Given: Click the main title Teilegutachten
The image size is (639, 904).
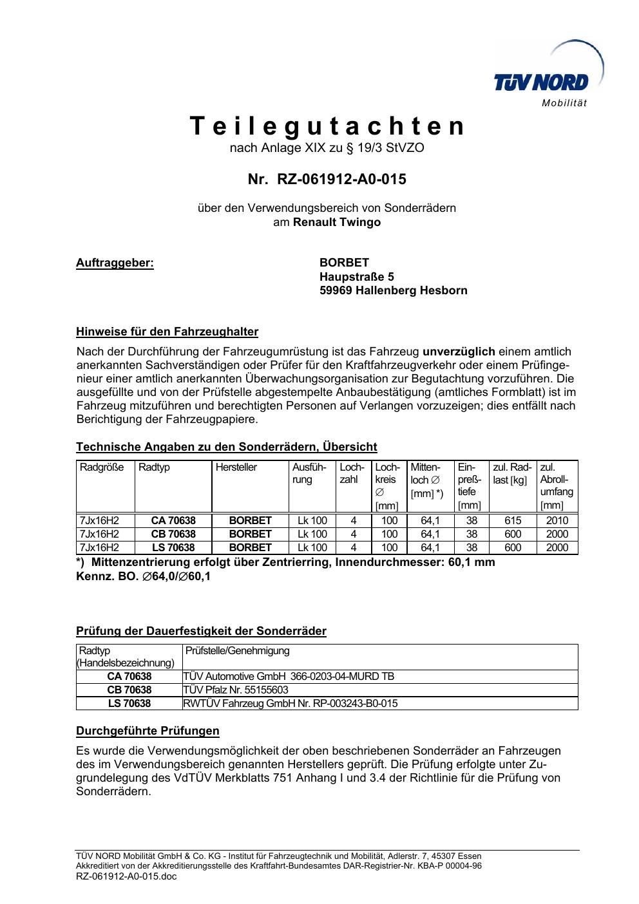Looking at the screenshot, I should pos(327,126).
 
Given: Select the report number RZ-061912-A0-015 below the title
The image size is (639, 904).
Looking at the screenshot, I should pos(327,180).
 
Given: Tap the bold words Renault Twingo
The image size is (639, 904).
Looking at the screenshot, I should pos(337,222).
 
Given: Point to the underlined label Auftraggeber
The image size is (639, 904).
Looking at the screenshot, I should pos(115,263).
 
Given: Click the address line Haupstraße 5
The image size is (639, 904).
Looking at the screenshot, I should pos(357,277).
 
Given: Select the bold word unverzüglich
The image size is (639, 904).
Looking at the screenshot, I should pos(459,352).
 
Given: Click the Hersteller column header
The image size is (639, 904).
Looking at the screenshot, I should pos(236,467).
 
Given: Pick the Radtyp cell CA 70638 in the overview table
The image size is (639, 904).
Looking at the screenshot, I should pos(173,520).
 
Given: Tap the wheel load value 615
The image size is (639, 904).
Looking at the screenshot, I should pos(513,520).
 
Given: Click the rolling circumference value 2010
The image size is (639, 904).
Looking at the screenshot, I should pos(557,520).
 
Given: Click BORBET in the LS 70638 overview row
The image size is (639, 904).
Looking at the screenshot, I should pos(251,547).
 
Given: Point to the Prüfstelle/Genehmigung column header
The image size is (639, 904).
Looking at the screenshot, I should pos(238,651).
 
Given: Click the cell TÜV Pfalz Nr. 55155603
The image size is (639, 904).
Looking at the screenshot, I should pos(236,690).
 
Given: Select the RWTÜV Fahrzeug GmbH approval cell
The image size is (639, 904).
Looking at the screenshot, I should pos(291,703).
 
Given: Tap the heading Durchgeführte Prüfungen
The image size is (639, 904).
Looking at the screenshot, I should pos(148,731).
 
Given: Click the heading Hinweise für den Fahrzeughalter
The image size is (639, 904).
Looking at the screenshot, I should pos(167,332).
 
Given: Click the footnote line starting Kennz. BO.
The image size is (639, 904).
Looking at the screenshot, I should pos(143,576).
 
